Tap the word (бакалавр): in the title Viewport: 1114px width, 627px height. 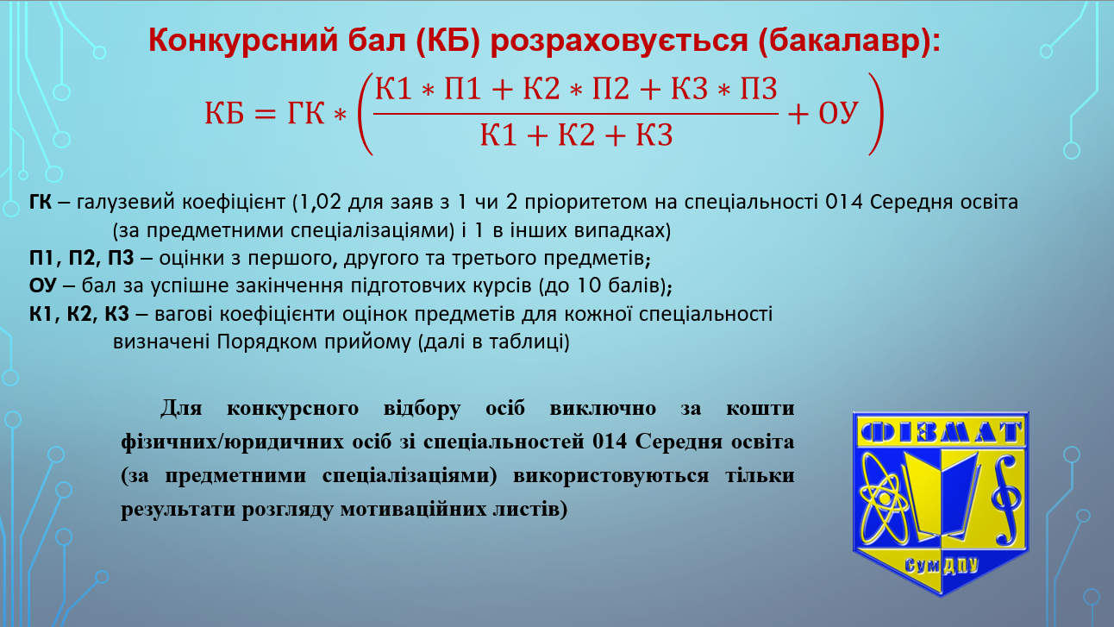(849, 41)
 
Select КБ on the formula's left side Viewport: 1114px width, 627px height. (224, 113)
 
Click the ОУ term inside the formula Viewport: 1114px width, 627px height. (838, 113)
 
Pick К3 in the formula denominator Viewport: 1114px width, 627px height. (654, 135)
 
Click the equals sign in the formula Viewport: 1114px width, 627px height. (265, 115)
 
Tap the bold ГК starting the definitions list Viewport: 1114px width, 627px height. (40, 202)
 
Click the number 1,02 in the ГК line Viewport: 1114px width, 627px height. (321, 202)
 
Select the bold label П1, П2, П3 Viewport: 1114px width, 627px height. (82, 258)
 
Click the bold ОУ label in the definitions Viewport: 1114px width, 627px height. (43, 286)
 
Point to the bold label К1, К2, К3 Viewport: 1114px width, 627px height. (79, 315)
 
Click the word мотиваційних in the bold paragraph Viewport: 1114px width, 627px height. (422, 510)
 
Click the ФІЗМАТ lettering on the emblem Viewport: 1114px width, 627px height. (940, 432)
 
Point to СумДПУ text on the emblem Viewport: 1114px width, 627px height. (942, 566)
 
